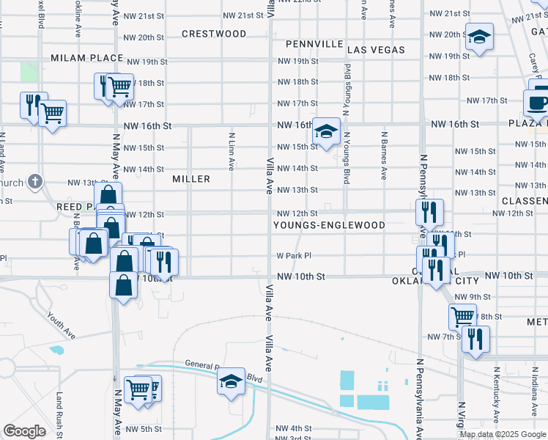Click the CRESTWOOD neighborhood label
214,34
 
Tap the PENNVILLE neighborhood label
314,44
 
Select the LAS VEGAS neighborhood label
376,50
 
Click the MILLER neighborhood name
191,179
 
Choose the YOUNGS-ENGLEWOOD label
329,225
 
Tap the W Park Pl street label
294,256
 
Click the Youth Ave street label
61,326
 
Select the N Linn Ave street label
232,151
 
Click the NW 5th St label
143,429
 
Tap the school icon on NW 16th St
327,131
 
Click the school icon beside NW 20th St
479,37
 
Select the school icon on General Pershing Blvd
231,381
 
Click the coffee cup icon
537,103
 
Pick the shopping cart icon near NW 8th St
462,317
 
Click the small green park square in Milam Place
29,72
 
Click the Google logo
24,430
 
